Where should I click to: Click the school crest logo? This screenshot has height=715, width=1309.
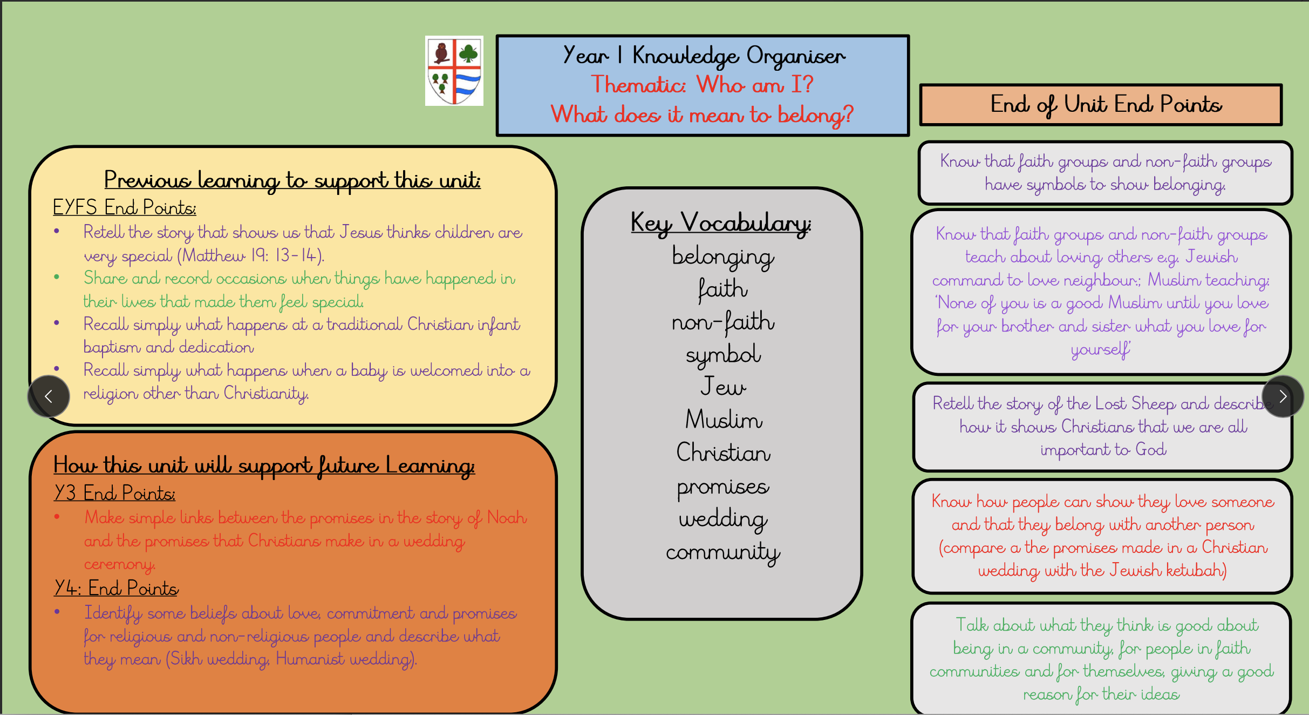point(454,71)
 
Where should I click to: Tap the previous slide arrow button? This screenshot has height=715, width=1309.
point(49,396)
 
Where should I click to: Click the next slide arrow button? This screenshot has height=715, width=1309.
point(1283,396)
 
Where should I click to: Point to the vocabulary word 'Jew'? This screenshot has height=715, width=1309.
point(723,387)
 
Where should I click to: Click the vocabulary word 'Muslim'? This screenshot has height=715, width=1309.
point(724,420)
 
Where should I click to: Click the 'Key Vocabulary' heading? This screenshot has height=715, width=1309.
point(721,223)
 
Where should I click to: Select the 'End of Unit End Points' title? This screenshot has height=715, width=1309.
point(1106,105)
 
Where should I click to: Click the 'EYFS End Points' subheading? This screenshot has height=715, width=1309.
point(125,207)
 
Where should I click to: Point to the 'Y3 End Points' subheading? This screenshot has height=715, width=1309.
point(114,493)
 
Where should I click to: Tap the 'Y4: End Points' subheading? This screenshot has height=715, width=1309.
point(116,588)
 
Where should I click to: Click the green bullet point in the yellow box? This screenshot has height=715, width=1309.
point(57,277)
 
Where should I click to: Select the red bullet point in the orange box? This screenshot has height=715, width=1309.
point(57,516)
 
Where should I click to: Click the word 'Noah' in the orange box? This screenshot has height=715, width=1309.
point(507,517)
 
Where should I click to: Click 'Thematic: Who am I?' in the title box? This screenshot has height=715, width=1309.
point(702,85)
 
